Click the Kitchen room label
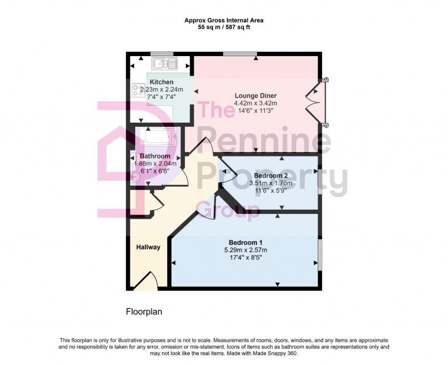(x=161, y=82)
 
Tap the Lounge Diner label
(x=255, y=96)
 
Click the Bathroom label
(x=155, y=156)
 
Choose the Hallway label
(x=148, y=247)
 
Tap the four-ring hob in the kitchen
(x=139, y=90)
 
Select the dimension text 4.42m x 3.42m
(x=255, y=103)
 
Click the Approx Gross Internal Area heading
(x=224, y=20)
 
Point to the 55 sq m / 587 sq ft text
(x=224, y=27)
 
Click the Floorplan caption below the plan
(x=144, y=312)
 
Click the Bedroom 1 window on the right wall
(x=320, y=255)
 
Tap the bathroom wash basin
(x=136, y=176)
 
